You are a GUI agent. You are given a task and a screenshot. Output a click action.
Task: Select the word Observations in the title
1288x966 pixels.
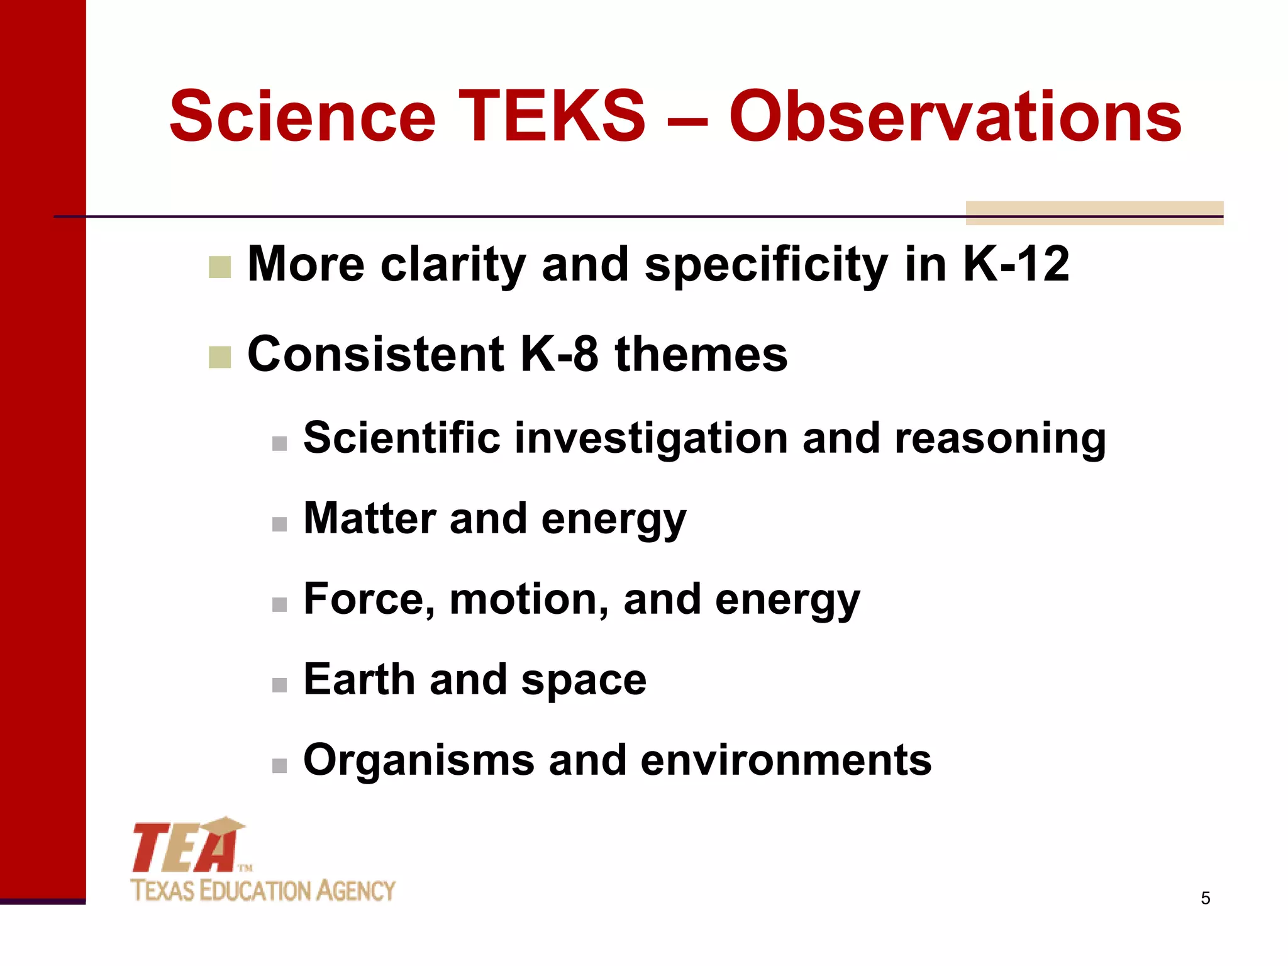click(955, 116)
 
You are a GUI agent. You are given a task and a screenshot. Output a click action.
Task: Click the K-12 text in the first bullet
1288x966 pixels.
click(1016, 264)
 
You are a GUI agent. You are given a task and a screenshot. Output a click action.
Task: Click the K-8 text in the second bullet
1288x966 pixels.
click(559, 354)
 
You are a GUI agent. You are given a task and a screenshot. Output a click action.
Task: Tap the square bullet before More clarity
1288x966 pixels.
click(219, 267)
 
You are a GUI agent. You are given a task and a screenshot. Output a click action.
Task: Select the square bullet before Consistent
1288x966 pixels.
click(219, 357)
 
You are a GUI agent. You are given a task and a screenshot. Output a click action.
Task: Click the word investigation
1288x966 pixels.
click(650, 438)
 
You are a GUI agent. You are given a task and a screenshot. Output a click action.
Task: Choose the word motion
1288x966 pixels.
click(528, 599)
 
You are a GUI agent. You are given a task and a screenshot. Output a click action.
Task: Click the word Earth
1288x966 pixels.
click(359, 679)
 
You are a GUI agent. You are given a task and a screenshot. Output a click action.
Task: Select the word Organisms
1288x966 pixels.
click(418, 760)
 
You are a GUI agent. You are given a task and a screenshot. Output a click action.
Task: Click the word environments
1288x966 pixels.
click(786, 760)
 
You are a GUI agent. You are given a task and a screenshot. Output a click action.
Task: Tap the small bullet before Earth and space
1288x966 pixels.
click(279, 685)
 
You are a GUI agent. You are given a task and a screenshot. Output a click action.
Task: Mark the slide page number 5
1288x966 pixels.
click(1205, 898)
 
